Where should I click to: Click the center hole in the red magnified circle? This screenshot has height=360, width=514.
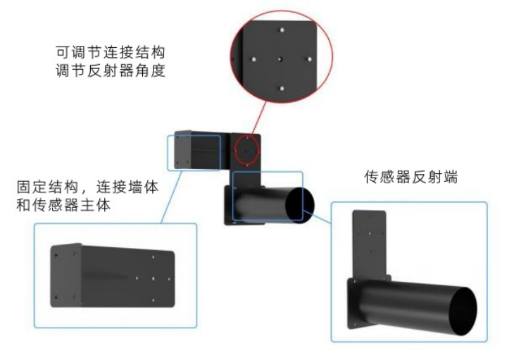pyautogui.click(x=280, y=59)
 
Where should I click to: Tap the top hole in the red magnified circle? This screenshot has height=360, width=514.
pyautogui.click(x=280, y=31)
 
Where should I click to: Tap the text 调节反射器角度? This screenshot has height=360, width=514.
pyautogui.click(x=112, y=70)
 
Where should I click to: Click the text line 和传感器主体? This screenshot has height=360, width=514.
pyautogui.click(x=66, y=206)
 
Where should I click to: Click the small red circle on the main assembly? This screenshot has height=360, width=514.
pyautogui.click(x=247, y=149)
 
